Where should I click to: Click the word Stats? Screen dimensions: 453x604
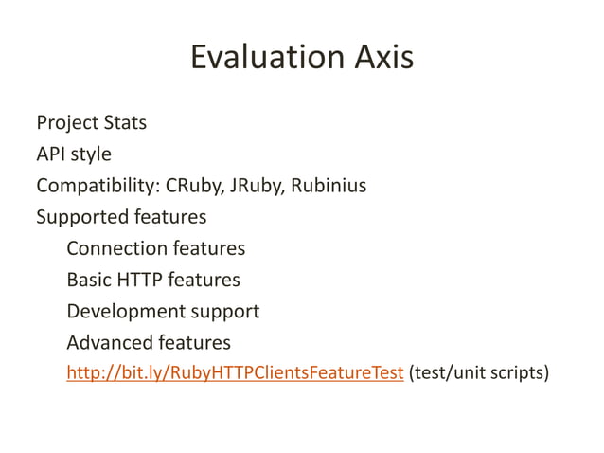(124, 123)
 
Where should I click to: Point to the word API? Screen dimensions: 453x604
(51, 154)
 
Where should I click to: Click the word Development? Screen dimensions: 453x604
(123, 311)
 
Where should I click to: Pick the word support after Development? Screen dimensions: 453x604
(222, 311)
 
